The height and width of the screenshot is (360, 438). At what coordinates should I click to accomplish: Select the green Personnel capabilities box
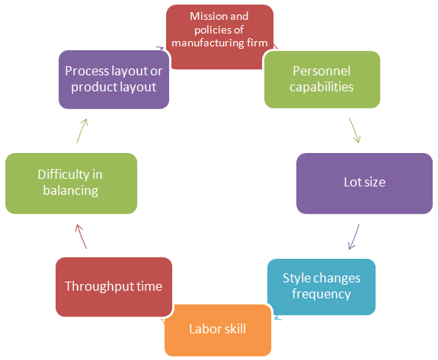(x=322, y=78)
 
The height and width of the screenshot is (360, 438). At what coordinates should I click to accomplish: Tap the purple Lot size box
(x=364, y=183)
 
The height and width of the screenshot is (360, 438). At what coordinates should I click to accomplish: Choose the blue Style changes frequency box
(x=321, y=286)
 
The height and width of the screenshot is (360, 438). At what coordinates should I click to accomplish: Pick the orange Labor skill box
(x=218, y=329)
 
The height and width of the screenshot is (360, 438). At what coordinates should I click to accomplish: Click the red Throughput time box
(x=113, y=286)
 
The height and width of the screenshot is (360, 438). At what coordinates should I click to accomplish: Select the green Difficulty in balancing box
(x=71, y=183)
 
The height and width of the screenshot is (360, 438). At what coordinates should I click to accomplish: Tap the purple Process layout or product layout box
(x=113, y=79)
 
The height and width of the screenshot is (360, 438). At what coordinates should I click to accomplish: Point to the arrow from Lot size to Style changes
(x=354, y=236)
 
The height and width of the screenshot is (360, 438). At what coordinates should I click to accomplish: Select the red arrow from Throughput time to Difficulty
(x=82, y=236)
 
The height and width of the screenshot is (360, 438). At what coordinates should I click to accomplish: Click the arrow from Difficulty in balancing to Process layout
(x=82, y=131)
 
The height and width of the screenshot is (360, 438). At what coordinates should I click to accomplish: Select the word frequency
(x=321, y=294)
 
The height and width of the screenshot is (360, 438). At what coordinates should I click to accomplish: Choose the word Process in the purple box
(x=88, y=71)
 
